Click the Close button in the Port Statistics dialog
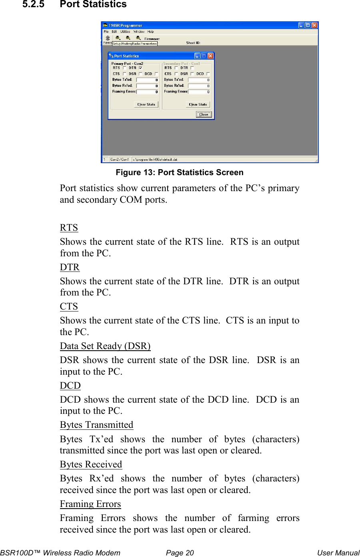pos(204,114)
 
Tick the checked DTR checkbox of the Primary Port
pos(140,68)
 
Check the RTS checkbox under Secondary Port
pos(176,68)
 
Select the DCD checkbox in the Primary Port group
pos(156,74)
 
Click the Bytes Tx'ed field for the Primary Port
pos(147,80)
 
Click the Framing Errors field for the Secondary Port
pos(199,92)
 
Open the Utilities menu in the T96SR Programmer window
pos(125,32)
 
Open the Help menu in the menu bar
pos(150,32)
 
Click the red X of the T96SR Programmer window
pos(314,25)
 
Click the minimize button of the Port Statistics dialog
pos(197,56)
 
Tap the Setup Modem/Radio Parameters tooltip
pos(135,44)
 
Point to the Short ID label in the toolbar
pos(193,43)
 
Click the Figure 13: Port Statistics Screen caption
pos(180,172)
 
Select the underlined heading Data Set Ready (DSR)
pos(105,346)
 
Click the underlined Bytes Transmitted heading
pos(96,425)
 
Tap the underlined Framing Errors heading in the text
pos(90,504)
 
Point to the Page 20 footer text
pos(180,553)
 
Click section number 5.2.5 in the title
pos(33,4)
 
